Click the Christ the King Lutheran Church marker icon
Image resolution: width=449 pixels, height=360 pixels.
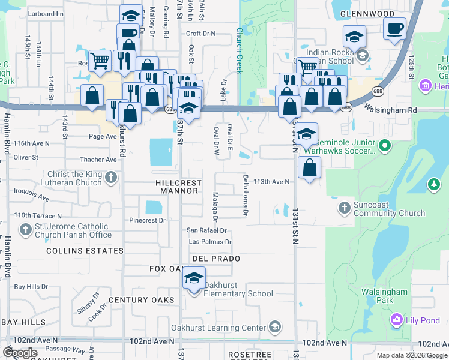pyautogui.click(x=110, y=177)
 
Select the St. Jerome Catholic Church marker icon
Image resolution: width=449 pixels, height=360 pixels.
pyautogui.click(x=25, y=229)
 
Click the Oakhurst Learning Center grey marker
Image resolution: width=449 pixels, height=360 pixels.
pyautogui.click(x=275, y=328)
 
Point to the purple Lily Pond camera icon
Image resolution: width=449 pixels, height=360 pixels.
pyautogui.click(x=396, y=319)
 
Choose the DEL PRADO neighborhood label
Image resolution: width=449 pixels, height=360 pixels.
pyautogui.click(x=217, y=259)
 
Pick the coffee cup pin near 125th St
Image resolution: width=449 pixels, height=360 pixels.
pyautogui.click(x=394, y=29)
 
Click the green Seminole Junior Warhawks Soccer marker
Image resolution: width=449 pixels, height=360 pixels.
pyautogui.click(x=385, y=145)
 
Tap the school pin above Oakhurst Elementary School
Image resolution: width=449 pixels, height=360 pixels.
pyautogui.click(x=194, y=278)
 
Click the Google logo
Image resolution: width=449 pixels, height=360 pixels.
pyautogui.click(x=20, y=353)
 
